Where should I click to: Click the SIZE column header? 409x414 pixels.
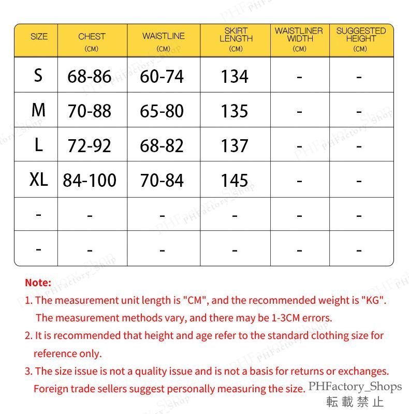click(39, 37)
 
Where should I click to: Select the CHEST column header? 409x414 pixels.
click(92, 37)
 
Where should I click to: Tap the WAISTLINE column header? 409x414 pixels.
click(163, 36)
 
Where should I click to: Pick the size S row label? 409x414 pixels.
click(38, 76)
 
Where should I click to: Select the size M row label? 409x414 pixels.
click(38, 110)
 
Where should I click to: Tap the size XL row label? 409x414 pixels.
click(38, 180)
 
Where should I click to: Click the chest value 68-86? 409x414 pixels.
click(90, 77)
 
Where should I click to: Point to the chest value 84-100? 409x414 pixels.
click(90, 180)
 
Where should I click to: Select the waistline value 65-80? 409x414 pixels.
click(162, 111)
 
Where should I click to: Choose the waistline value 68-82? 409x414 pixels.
click(162, 146)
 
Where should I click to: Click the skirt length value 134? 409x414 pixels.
click(235, 77)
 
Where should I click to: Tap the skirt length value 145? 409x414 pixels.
click(235, 180)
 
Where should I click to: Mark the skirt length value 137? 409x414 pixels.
click(235, 146)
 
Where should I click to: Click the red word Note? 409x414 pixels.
click(38, 283)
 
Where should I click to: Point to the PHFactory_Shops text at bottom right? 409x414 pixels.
click(355, 387)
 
